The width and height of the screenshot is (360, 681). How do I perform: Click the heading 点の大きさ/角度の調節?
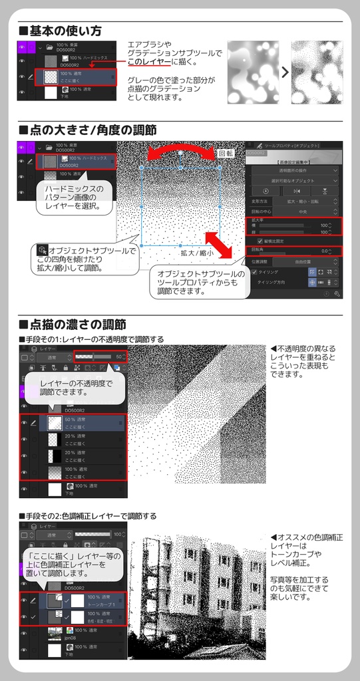[92, 130]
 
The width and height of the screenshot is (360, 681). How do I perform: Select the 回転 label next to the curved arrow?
[226, 153]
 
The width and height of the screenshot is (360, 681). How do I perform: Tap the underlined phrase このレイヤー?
[149, 62]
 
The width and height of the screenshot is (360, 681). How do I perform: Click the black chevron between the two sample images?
[285, 72]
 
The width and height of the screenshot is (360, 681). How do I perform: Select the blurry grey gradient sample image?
[253, 72]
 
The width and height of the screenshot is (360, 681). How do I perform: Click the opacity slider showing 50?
[100, 357]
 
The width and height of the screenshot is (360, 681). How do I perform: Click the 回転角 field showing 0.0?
[296, 251]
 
